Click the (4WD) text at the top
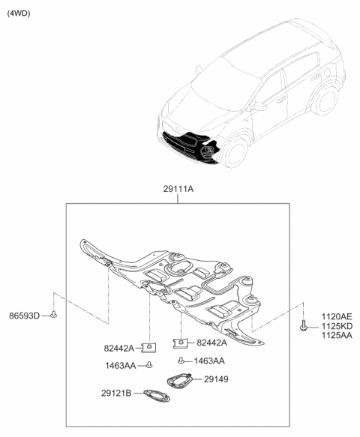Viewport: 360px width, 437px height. pyautogui.click(x=20, y=13)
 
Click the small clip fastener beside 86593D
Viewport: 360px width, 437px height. pyautogui.click(x=55, y=316)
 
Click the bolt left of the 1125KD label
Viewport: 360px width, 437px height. pyautogui.click(x=302, y=327)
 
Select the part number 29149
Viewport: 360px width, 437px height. pyautogui.click(x=216, y=380)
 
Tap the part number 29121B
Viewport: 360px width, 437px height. pyautogui.click(x=116, y=392)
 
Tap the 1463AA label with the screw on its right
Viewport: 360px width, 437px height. pyautogui.click(x=120, y=365)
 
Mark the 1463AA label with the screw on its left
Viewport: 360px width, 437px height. pyautogui.click(x=210, y=361)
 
